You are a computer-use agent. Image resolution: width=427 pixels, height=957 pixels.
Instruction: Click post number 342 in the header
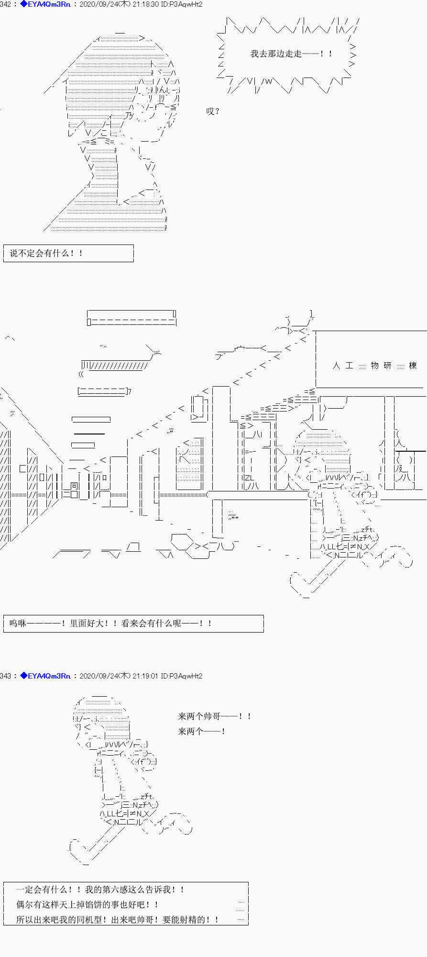click(5, 4)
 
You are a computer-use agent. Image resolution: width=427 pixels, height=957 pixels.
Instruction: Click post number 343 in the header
click(5, 676)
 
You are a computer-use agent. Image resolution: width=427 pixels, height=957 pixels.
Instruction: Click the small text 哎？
click(213, 111)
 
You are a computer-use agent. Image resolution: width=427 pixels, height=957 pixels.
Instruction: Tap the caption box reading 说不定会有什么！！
click(68, 253)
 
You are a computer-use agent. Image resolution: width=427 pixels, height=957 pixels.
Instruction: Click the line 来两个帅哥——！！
click(214, 716)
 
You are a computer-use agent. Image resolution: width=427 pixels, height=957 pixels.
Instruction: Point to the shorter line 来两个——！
click(201, 731)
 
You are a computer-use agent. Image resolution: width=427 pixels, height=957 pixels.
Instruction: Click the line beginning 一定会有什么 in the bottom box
click(100, 890)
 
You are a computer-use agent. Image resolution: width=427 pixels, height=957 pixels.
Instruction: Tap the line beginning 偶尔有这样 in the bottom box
click(87, 904)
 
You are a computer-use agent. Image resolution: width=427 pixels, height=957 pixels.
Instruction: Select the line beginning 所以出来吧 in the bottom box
click(118, 919)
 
